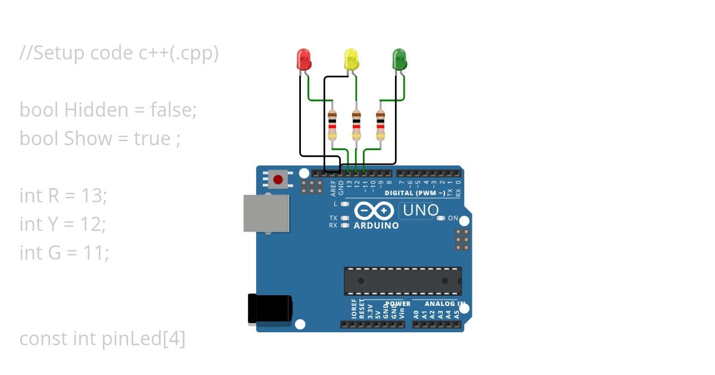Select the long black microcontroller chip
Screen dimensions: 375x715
[403, 281]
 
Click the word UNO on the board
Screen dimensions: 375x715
[421, 210]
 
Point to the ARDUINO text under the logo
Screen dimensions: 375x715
[376, 226]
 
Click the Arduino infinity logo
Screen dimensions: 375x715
[374, 211]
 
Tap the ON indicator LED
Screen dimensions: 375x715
[441, 218]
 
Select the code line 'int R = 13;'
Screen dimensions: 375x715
[63, 195]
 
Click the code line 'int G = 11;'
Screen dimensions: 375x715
[64, 252]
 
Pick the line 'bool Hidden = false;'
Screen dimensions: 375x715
[108, 110]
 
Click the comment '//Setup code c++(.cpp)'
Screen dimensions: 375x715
[119, 53]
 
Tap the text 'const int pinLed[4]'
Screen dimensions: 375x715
[102, 339]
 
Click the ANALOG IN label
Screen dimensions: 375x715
[444, 304]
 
